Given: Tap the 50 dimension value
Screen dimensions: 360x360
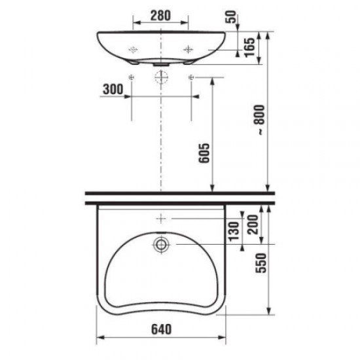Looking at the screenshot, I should (230, 16).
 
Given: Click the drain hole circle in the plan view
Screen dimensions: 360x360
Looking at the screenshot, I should (160, 245).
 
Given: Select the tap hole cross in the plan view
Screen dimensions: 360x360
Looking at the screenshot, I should (160, 217).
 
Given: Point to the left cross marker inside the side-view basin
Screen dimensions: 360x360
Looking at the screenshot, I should (133, 48).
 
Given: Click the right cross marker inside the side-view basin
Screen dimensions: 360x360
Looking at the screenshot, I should (189, 48).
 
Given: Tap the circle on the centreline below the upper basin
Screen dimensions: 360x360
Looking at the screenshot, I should (160, 78).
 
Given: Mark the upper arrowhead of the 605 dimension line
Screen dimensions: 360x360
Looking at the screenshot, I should (211, 81).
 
